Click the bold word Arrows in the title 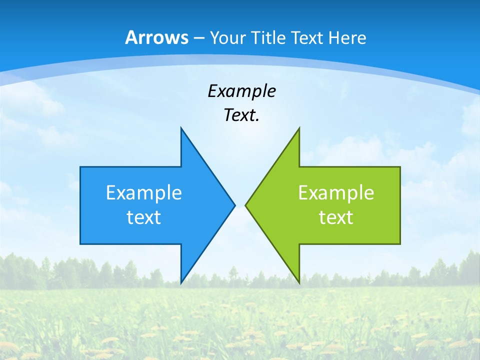click(x=156, y=37)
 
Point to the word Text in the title click(x=307, y=37)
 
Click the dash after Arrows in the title click(x=198, y=38)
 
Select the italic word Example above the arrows click(x=241, y=91)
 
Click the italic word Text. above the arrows click(x=241, y=115)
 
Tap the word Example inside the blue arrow click(x=144, y=193)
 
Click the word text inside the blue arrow click(x=144, y=217)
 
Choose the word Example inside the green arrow click(x=336, y=193)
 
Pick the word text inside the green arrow click(x=336, y=217)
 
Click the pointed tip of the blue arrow click(x=235, y=205)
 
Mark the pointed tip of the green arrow click(x=245, y=205)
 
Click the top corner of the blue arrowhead click(x=181, y=127)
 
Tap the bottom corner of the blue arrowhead click(x=181, y=283)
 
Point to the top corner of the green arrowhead click(x=299, y=127)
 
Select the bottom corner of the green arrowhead click(x=299, y=283)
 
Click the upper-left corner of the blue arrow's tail click(x=80, y=167)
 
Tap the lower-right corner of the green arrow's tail click(x=400, y=244)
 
